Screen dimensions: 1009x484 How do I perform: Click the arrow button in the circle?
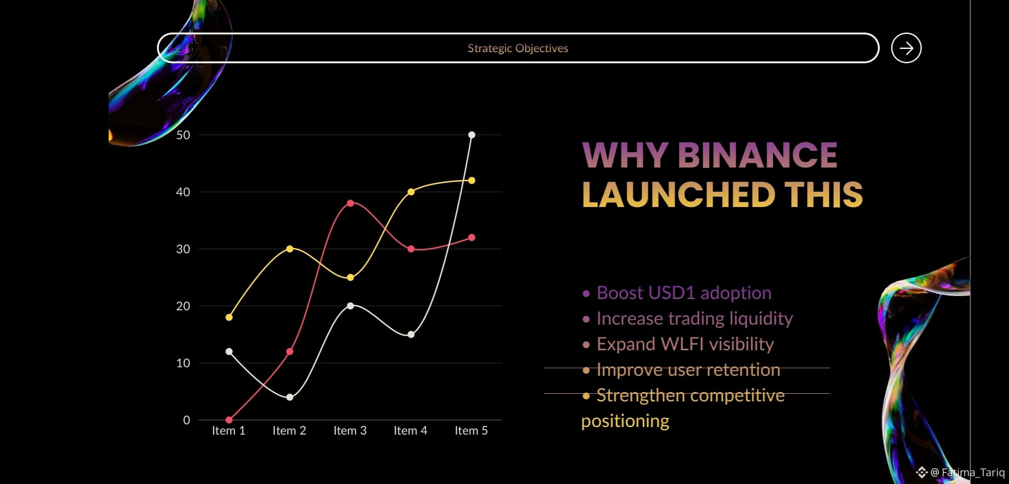click(906, 48)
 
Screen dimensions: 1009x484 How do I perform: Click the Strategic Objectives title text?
click(518, 48)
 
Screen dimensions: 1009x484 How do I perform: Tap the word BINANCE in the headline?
click(757, 155)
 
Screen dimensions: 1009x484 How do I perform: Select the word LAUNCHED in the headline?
click(679, 195)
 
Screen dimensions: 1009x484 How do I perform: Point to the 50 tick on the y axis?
click(183, 135)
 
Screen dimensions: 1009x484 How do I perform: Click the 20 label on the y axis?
click(183, 306)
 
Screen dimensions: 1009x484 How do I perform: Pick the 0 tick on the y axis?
click(187, 420)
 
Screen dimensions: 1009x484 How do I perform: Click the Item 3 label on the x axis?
click(350, 431)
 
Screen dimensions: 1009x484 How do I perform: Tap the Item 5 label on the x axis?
click(471, 431)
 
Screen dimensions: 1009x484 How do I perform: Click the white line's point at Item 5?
click(472, 135)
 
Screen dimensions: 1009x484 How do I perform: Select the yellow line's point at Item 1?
click(229, 317)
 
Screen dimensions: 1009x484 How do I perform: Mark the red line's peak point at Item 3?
click(351, 203)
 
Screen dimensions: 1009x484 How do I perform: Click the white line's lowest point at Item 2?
click(290, 397)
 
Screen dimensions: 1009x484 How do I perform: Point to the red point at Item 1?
click(229, 420)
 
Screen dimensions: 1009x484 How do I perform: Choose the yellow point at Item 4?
click(411, 192)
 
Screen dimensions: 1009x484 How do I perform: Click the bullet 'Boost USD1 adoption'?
click(677, 293)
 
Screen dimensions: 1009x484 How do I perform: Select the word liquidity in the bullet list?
click(761, 319)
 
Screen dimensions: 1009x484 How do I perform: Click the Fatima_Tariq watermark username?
click(973, 472)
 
